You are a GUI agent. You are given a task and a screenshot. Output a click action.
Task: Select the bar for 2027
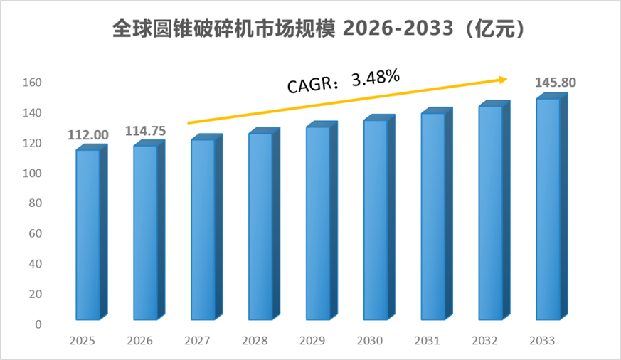(x=206, y=228)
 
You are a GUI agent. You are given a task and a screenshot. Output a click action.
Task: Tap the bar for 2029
(x=322, y=221)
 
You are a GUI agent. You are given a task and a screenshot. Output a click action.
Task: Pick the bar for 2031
(x=437, y=214)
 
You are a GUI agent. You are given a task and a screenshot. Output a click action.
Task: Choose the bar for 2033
(x=552, y=207)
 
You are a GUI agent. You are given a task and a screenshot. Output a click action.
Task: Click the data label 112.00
(x=88, y=135)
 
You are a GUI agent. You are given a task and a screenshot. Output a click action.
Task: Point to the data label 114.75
(x=145, y=131)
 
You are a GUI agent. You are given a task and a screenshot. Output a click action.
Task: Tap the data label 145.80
(x=556, y=83)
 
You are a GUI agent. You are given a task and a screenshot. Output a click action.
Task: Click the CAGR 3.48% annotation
(x=344, y=81)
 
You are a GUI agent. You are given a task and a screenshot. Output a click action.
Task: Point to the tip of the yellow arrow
(x=507, y=79)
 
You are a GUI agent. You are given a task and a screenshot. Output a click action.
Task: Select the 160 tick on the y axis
(x=32, y=83)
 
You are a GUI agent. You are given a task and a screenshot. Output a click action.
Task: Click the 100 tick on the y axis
(x=32, y=173)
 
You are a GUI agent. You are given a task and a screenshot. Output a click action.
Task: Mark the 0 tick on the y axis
(x=38, y=324)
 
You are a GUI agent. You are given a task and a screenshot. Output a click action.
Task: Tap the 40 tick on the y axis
(x=36, y=264)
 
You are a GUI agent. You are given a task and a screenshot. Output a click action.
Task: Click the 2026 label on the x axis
(x=140, y=341)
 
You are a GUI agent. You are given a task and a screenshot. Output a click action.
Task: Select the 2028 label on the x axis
(x=255, y=341)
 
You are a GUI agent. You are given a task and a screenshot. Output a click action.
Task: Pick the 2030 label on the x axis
(x=369, y=341)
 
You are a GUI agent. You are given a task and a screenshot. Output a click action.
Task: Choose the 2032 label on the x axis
(x=484, y=341)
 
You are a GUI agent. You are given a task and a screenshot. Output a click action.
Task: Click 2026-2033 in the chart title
(x=398, y=28)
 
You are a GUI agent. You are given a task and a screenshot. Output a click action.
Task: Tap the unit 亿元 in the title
(x=494, y=28)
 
